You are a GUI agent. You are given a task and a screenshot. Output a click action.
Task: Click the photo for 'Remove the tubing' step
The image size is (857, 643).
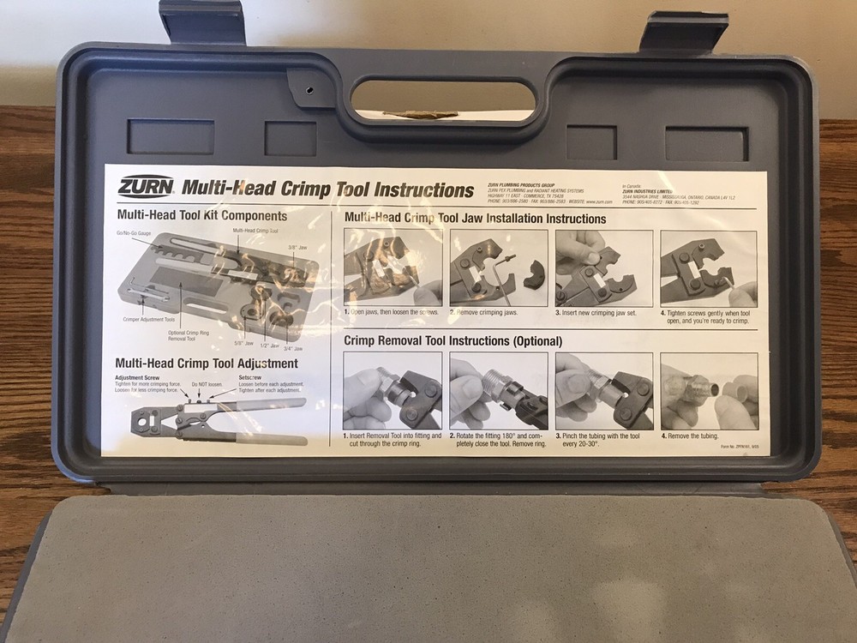[708, 390]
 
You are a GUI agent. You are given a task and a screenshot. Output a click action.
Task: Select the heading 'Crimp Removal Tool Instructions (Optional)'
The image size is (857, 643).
[453, 340]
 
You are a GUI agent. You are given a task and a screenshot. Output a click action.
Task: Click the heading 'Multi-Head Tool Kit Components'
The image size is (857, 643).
[201, 215]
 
